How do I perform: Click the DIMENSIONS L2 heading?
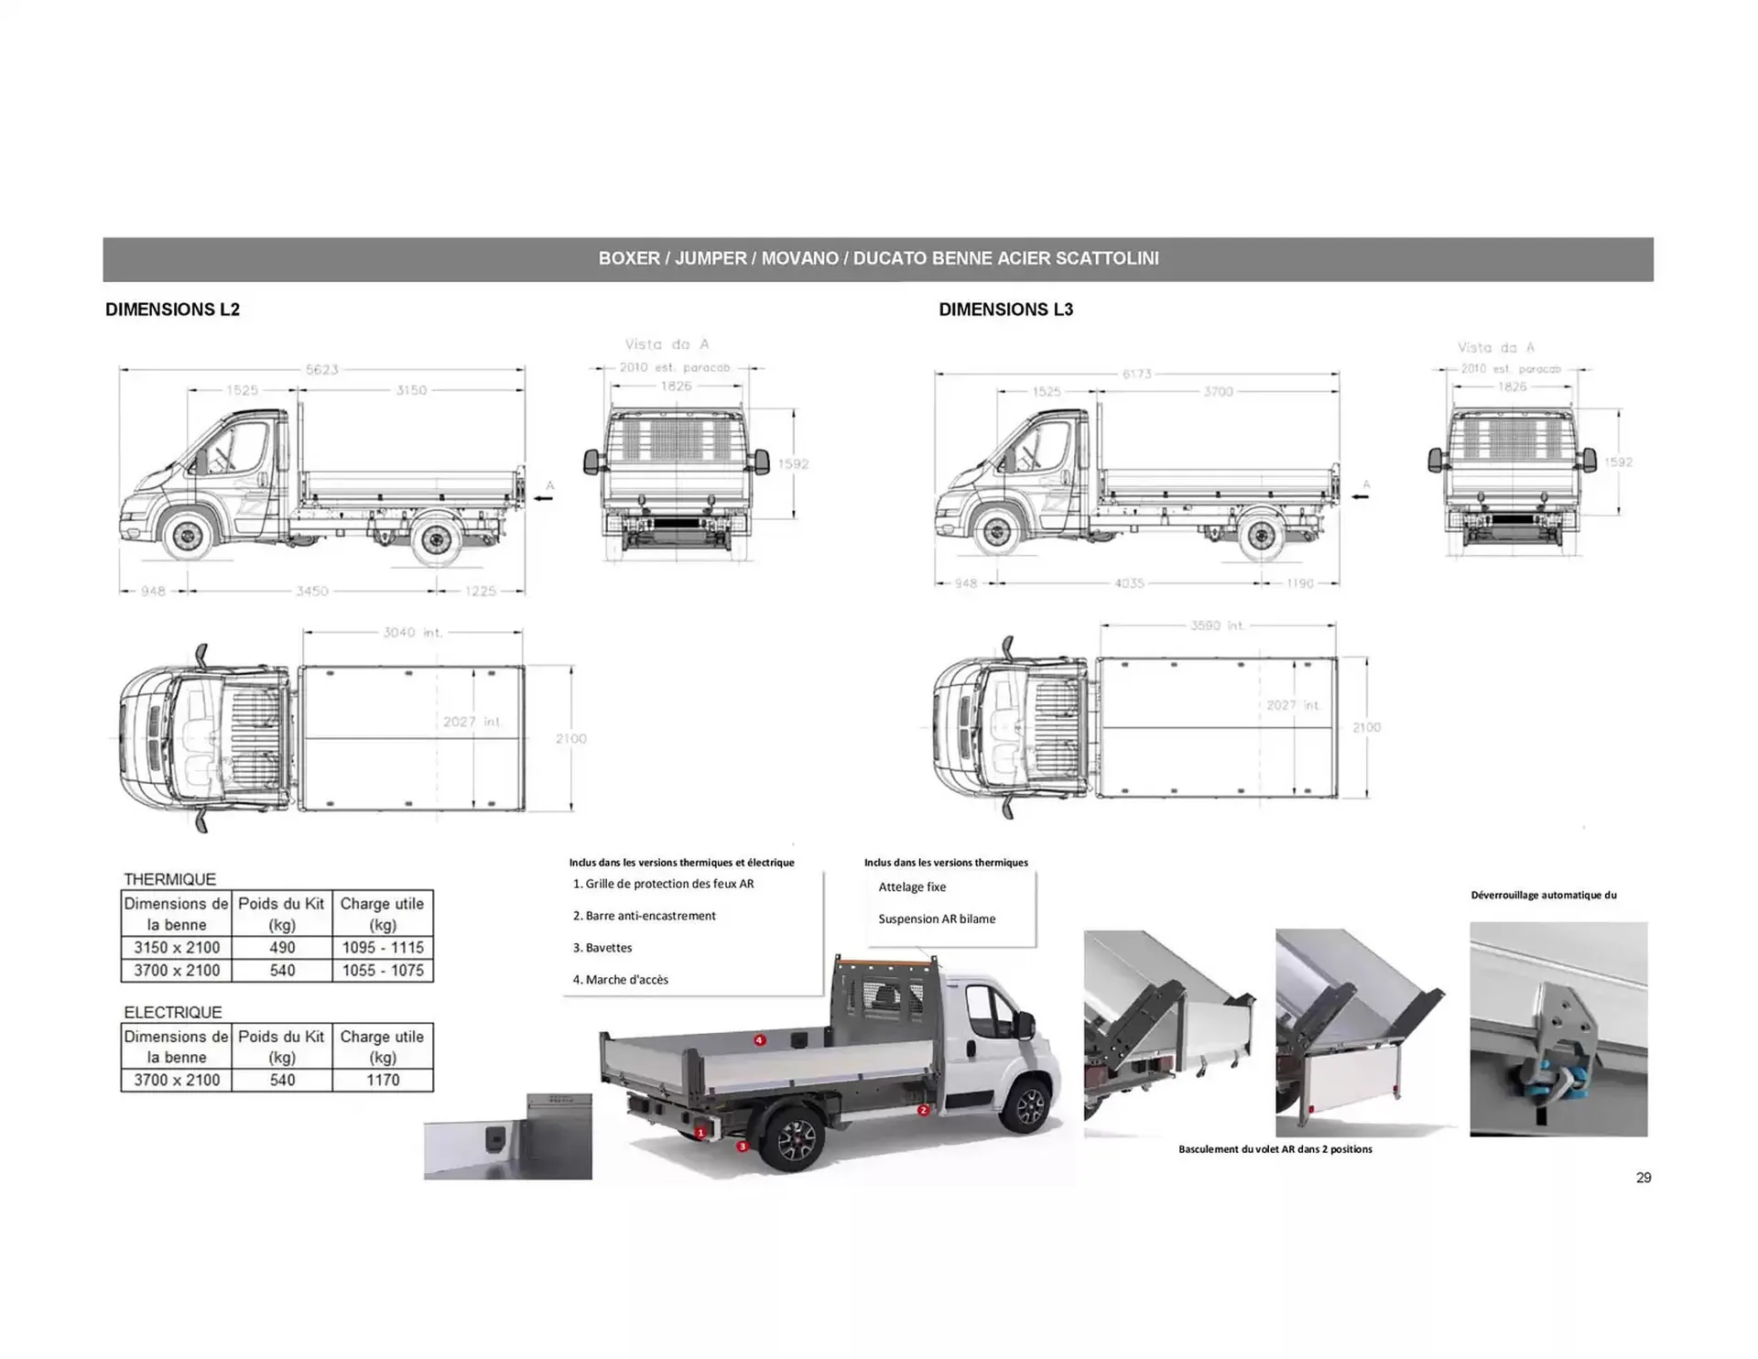tap(172, 310)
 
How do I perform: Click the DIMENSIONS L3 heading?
tap(1005, 310)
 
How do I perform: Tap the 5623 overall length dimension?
tap(321, 370)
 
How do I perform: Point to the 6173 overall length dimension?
tap(1136, 374)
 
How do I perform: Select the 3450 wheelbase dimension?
tap(311, 592)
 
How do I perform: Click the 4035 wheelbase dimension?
tap(1128, 583)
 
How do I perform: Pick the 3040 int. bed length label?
tap(412, 633)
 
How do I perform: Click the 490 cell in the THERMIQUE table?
tap(282, 948)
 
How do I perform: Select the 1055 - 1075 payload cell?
tap(383, 971)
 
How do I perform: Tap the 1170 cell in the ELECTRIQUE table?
tap(383, 1081)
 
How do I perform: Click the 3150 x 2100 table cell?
tap(177, 948)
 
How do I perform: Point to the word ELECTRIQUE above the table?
tap(173, 1013)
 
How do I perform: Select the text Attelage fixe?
tap(912, 887)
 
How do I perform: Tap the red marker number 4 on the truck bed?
tap(759, 1040)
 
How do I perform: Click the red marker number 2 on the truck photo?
tap(923, 1110)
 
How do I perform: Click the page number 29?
tap(1644, 1178)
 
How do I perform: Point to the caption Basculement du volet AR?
tap(1275, 1149)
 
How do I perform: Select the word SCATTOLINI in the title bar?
tap(1107, 259)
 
